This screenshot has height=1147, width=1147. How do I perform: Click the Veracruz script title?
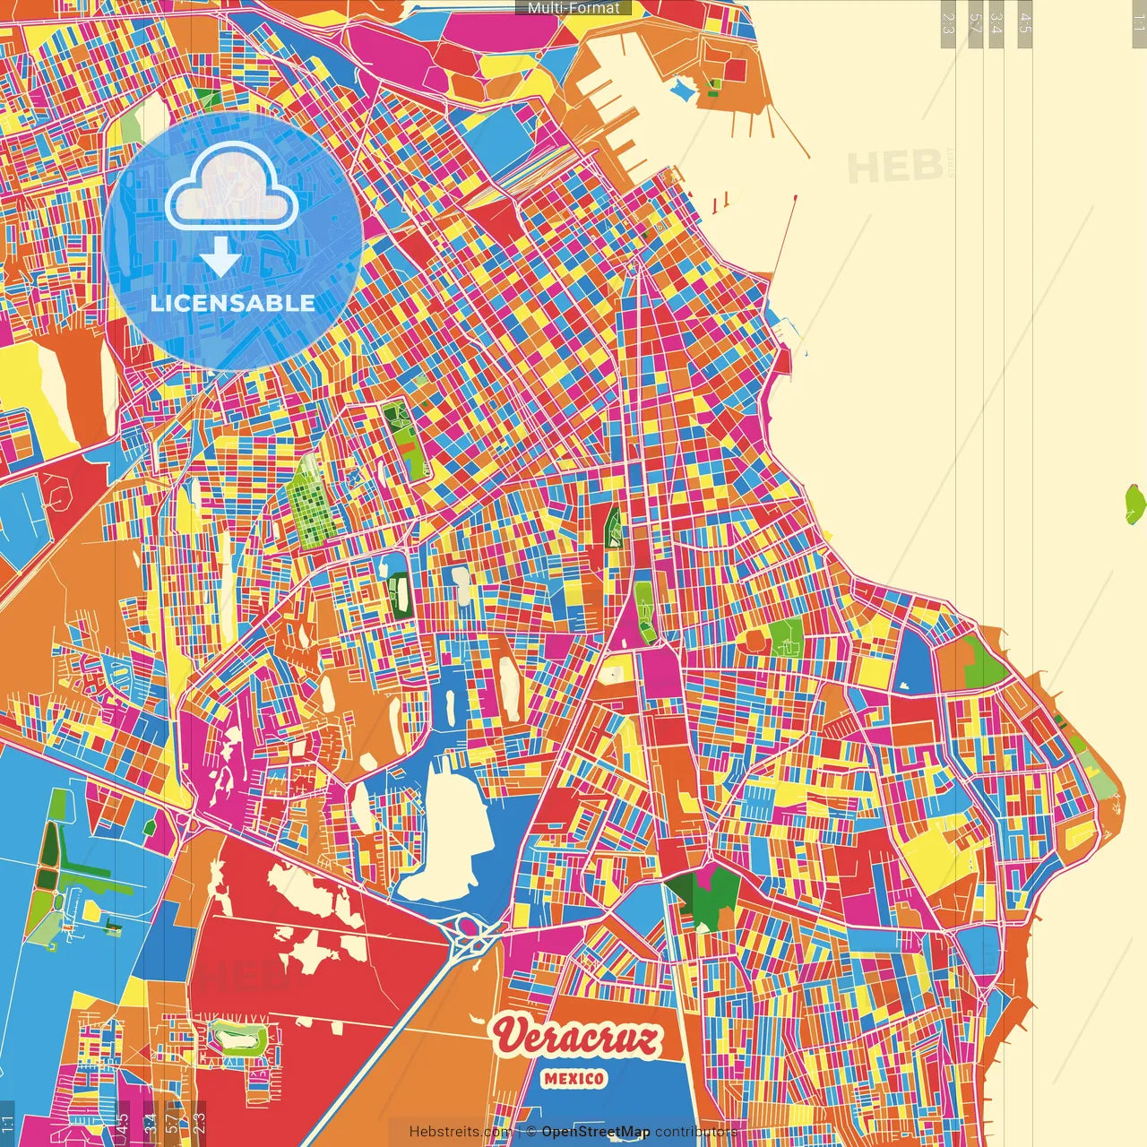click(x=577, y=1037)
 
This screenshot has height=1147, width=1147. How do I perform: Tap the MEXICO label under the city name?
click(x=573, y=1079)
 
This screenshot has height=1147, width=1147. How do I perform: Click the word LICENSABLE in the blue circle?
click(x=233, y=303)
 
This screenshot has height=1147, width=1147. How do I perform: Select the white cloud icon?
click(x=231, y=185)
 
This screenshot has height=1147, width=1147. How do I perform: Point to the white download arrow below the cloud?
click(x=220, y=255)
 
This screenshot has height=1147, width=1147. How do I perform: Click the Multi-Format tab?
click(x=573, y=8)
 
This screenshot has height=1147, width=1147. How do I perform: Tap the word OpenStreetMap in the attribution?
click(x=596, y=1132)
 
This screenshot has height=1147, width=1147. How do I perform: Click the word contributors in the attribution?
click(x=696, y=1132)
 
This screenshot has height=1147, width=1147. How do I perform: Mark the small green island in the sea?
click(x=1134, y=504)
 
